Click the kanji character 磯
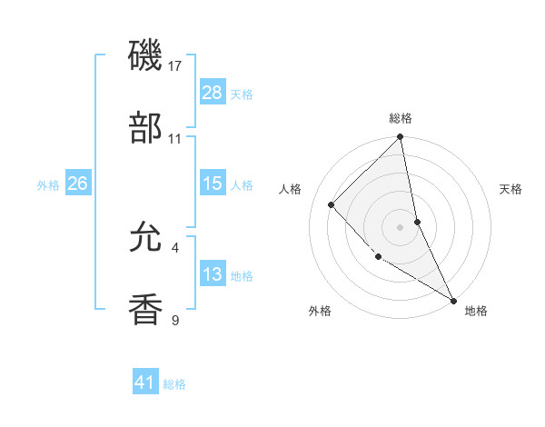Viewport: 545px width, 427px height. click(146, 56)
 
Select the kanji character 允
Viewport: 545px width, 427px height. click(146, 239)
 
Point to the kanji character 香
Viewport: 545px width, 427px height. click(146, 310)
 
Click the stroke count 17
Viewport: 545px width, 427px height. click(176, 66)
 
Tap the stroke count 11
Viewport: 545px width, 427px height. click(175, 139)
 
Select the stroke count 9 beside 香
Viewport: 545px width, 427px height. click(175, 320)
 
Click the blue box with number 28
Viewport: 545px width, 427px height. click(212, 92)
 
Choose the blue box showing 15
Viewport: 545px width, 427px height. click(212, 184)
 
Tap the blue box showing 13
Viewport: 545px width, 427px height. click(212, 274)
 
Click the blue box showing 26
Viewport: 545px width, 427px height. click(77, 184)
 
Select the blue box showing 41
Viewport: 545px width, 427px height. click(145, 382)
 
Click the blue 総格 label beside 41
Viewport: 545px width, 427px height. click(175, 384)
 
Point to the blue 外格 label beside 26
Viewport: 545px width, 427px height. click(48, 184)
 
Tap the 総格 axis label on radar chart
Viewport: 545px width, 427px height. click(401, 118)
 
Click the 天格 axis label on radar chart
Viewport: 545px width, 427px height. click(510, 189)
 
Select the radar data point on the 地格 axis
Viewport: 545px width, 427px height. click(453, 300)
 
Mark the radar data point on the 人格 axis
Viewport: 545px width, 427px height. click(332, 204)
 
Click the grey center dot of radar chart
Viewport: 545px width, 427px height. click(400, 227)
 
